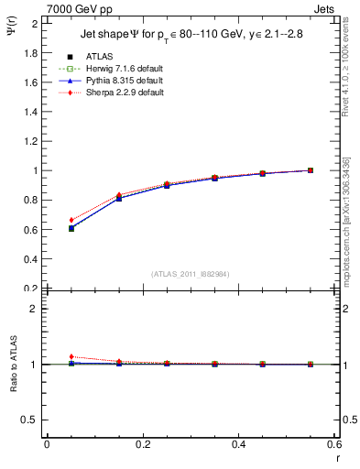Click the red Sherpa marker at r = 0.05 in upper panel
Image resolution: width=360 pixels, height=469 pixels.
(71, 220)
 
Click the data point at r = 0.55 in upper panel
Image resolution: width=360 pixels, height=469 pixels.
(311, 170)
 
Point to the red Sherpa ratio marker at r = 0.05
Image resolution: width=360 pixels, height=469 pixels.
(71, 356)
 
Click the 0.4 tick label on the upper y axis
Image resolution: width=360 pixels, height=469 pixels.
(31, 258)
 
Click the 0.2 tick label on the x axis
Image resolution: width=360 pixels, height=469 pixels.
(142, 443)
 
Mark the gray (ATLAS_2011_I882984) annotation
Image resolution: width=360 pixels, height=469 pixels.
(191, 274)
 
